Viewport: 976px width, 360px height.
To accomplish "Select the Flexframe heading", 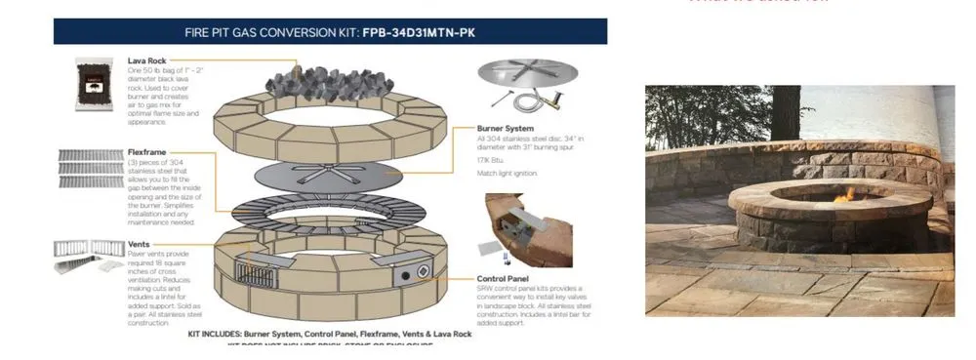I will coord(149,152).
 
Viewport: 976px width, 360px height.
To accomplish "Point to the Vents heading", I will coord(138,247).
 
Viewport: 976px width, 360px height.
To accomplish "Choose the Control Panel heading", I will coord(507,279).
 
